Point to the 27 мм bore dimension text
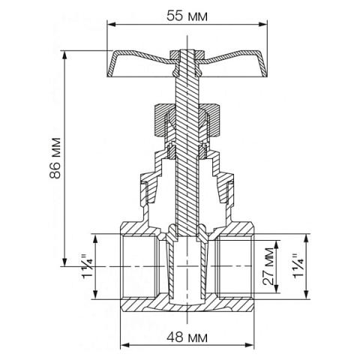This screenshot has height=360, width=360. click(x=267, y=266)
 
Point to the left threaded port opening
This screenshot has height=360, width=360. click(x=138, y=266)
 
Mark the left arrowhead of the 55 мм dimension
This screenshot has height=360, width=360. click(x=108, y=25)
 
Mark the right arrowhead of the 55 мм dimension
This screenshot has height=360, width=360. click(x=265, y=25)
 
